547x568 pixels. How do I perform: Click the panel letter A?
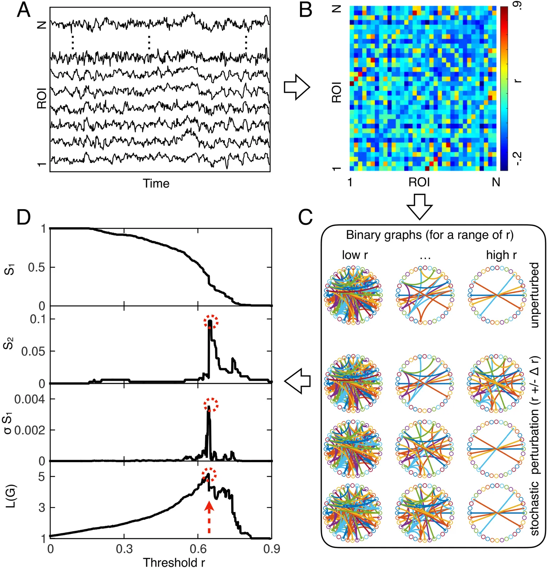point(23,11)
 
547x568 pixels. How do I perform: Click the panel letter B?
point(306,11)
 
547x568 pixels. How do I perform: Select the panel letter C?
point(306,217)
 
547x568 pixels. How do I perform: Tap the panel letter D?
point(24,217)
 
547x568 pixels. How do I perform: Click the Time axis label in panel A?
point(156,184)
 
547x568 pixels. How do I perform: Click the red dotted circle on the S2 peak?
point(211,322)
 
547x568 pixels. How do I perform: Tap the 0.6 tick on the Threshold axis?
point(198,549)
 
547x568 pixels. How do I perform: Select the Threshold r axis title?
point(174,562)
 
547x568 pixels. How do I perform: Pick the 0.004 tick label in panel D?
point(30,399)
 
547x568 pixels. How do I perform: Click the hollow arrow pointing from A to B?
point(297,87)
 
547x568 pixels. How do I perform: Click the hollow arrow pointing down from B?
point(419,206)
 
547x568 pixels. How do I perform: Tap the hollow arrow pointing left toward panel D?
point(297,381)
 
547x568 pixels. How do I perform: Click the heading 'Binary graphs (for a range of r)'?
point(430,235)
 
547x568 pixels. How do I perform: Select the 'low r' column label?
point(355,255)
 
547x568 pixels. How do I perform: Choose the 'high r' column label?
point(501,255)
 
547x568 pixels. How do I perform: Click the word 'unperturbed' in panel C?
point(534,295)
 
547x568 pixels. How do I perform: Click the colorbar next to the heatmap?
point(504,88)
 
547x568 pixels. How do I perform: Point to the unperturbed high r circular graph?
point(497,295)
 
